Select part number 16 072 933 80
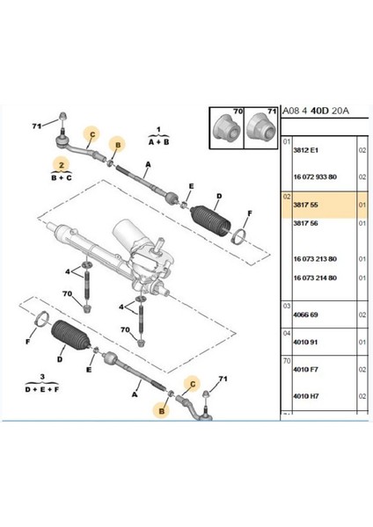(x=313, y=177)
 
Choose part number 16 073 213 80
(x=313, y=259)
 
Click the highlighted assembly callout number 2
(x=61, y=164)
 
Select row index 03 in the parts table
(x=286, y=305)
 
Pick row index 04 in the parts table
(x=286, y=333)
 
